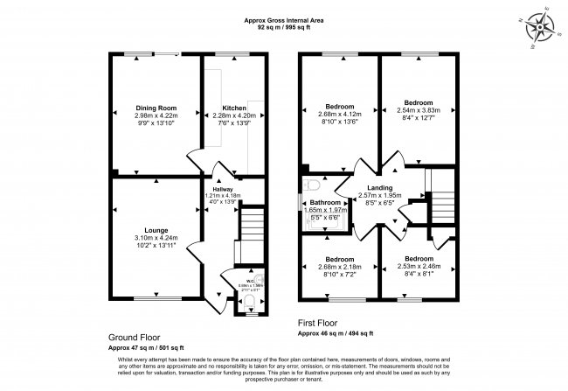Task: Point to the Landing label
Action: (378, 187)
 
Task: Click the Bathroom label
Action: (330, 202)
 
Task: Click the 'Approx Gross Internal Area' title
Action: (284, 19)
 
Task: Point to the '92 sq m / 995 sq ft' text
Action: (284, 27)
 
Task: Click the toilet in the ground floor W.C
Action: (250, 302)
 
